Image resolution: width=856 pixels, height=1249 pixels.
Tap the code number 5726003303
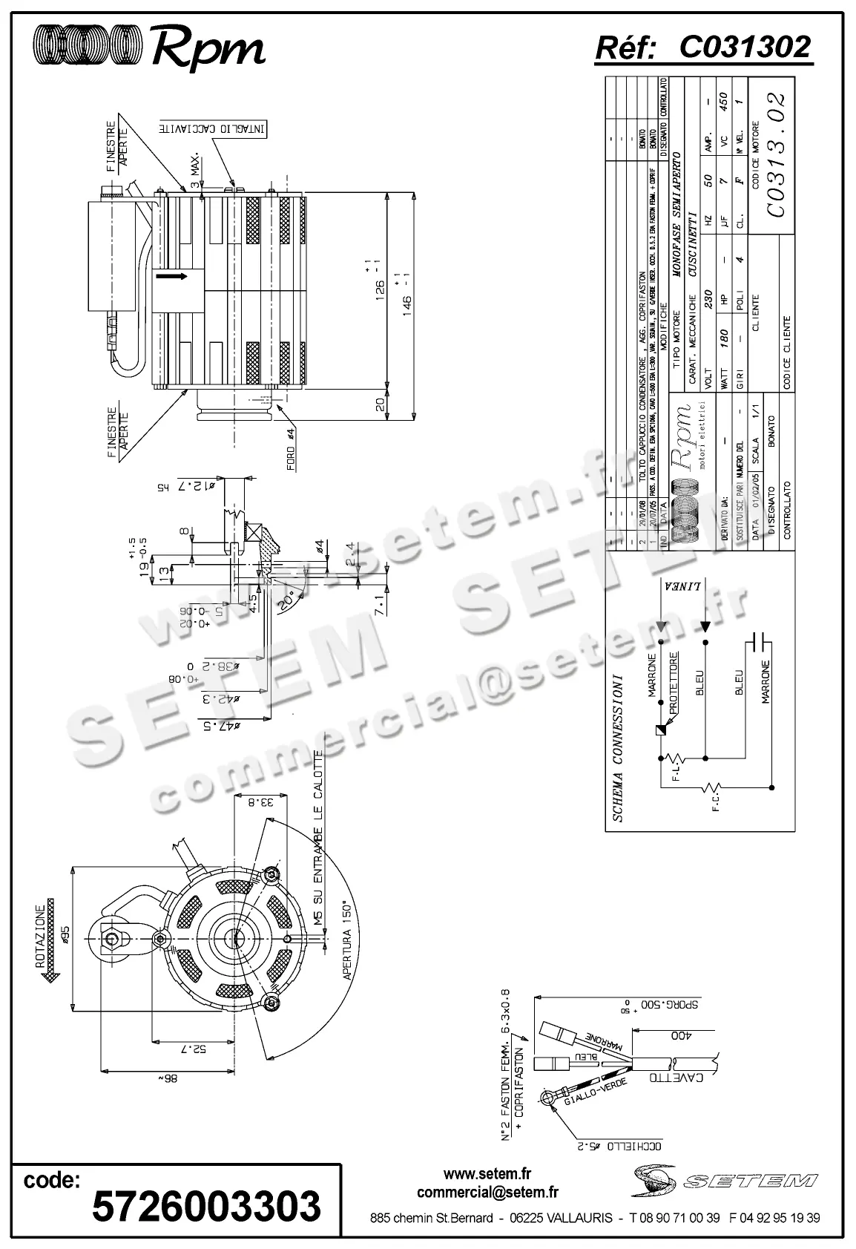coord(206,1207)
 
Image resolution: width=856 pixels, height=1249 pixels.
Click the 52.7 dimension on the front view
coord(196,1049)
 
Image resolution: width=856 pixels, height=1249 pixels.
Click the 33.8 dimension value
coord(266,802)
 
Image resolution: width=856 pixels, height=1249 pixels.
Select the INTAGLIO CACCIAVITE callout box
coord(211,129)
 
